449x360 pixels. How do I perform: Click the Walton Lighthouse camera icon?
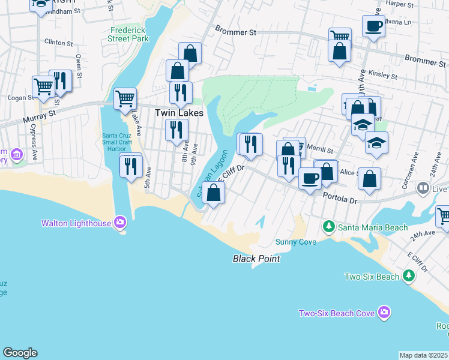coord(120,223)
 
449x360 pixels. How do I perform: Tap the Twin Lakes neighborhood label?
coord(179,113)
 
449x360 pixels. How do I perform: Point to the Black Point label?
coord(256,259)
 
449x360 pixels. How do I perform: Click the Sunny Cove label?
coord(295,242)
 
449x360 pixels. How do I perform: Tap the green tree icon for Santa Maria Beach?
coord(328,227)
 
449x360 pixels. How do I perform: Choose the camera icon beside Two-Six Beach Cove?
coord(384,313)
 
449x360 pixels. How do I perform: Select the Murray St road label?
coord(39,113)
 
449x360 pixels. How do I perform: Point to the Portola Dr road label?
coord(340,197)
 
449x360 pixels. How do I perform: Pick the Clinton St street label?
coord(58,43)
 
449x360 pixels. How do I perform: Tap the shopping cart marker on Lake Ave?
coord(125,98)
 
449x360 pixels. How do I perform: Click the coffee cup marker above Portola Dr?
coord(310,178)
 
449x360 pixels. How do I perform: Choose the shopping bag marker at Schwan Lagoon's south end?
coord(213,193)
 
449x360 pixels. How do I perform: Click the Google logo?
coord(20,353)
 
